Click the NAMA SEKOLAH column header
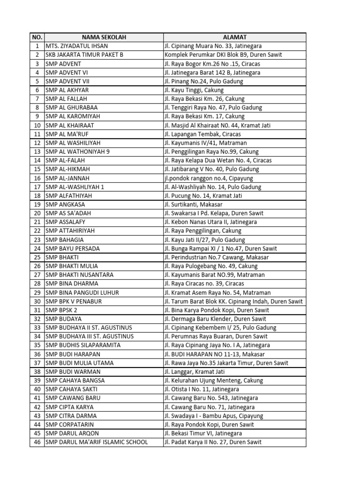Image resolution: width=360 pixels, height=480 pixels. tap(104, 37)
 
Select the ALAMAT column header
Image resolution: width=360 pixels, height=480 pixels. tap(234, 37)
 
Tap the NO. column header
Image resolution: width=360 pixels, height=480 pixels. tap(37, 37)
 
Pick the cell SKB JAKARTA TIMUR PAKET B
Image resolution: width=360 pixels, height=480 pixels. tap(84, 55)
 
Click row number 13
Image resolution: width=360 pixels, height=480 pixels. tap(37, 151)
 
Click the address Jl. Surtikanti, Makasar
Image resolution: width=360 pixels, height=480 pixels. tap(193, 204)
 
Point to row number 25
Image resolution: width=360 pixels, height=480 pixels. tap(37, 257)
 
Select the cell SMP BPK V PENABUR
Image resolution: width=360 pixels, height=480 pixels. tap(74, 301)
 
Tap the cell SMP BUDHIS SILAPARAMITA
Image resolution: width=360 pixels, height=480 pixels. tap(83, 345)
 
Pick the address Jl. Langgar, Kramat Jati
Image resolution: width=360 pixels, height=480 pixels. tap(195, 372)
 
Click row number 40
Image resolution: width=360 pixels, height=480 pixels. tap(37, 389)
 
